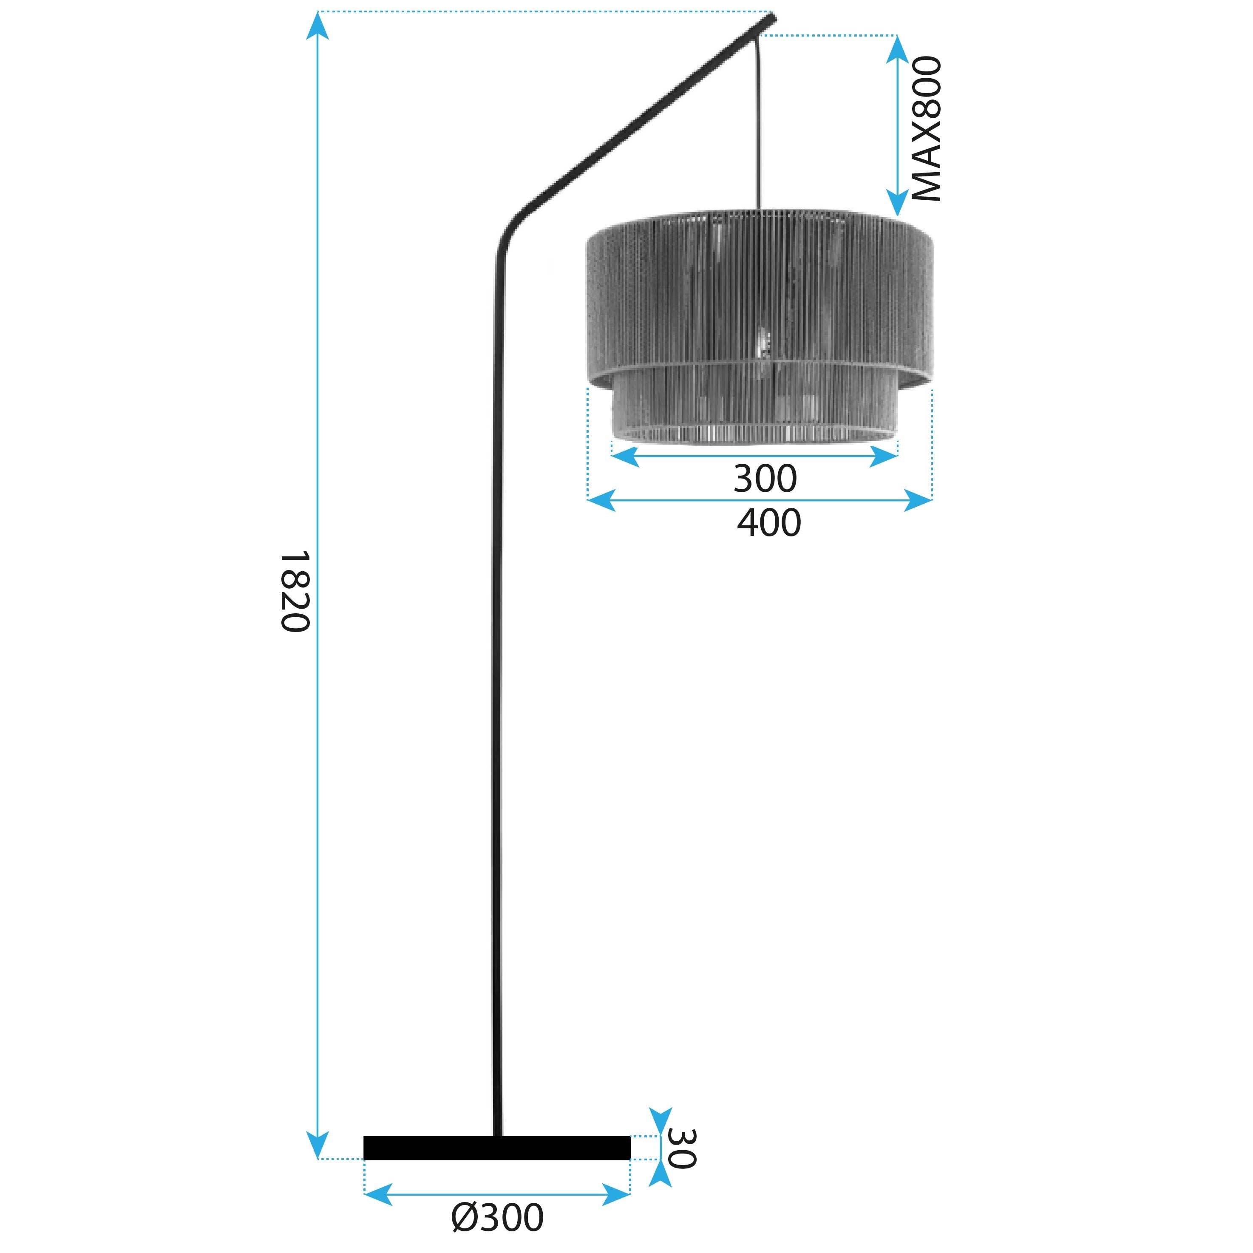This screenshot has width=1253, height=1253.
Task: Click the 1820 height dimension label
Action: (295, 592)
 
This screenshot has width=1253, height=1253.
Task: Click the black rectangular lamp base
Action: (497, 1166)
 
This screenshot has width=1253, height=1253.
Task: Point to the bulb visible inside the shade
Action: (763, 342)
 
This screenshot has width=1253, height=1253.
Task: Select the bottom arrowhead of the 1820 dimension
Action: (317, 1164)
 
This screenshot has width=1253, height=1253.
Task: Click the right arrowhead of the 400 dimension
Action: (918, 500)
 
